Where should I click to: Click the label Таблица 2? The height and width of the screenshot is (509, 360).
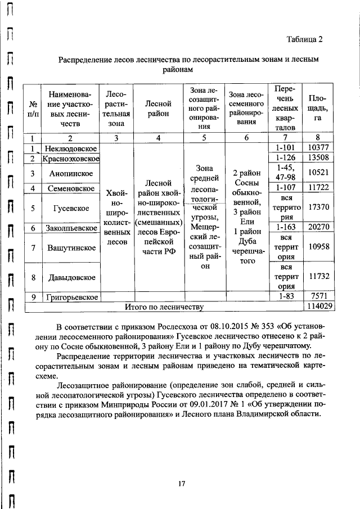(x=304, y=39)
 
